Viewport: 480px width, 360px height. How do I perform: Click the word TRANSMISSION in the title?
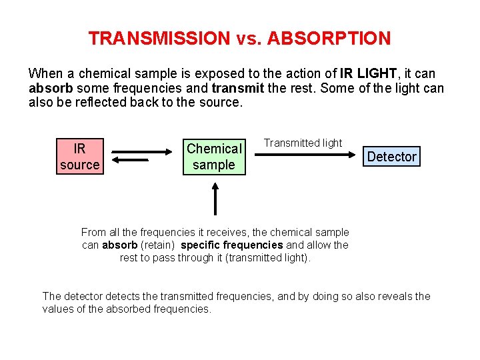[159, 39]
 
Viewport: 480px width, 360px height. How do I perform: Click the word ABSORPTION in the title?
[329, 39]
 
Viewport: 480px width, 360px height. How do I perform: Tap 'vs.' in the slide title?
[249, 39]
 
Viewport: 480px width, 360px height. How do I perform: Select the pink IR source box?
[79, 157]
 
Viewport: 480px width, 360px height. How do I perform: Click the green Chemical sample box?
[214, 157]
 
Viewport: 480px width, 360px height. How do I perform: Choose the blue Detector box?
[391, 157]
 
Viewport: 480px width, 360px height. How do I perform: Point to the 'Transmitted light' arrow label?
[303, 143]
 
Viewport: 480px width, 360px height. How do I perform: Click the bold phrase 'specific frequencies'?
[232, 245]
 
